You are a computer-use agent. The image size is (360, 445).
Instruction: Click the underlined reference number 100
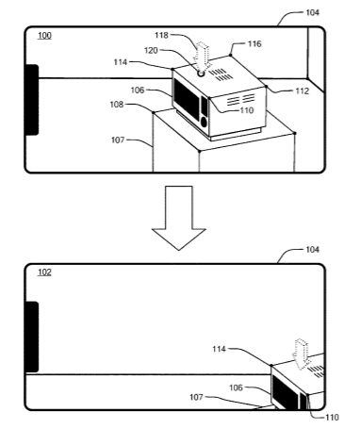coord(44,36)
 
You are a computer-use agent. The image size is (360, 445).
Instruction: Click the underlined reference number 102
coord(44,272)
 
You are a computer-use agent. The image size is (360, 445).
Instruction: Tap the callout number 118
coord(161,35)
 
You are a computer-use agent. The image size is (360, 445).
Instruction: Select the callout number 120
coord(151,51)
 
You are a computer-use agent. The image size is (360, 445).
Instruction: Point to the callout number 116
coord(254,43)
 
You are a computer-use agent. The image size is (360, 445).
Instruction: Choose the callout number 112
coord(303,91)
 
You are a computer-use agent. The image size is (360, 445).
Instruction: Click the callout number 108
coord(117,105)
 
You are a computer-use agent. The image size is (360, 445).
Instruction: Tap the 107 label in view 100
coord(118,140)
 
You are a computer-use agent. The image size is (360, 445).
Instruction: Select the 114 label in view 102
coord(219,349)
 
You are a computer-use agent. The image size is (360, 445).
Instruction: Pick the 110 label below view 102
coord(332,418)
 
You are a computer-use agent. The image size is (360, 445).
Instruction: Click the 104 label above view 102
coord(312,250)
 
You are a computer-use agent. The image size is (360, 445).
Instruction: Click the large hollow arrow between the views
coord(179,218)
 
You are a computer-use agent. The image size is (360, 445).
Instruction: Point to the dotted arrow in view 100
coord(202,57)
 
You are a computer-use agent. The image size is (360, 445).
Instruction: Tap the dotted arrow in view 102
coord(301,354)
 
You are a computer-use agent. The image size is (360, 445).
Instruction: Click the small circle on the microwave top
coord(201,74)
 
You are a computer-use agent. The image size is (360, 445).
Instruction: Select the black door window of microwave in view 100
coord(187,99)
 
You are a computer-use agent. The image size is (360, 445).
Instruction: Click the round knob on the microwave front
coord(204,123)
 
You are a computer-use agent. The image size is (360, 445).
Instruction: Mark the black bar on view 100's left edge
coord(32,100)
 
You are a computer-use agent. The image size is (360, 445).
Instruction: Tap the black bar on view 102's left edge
coord(32,337)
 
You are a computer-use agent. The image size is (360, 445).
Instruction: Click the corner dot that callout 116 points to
coord(231,55)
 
